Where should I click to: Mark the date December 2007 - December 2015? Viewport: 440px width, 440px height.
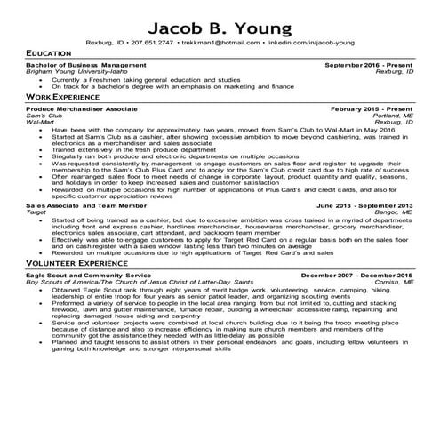point(358,277)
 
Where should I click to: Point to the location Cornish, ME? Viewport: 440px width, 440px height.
point(396,284)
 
